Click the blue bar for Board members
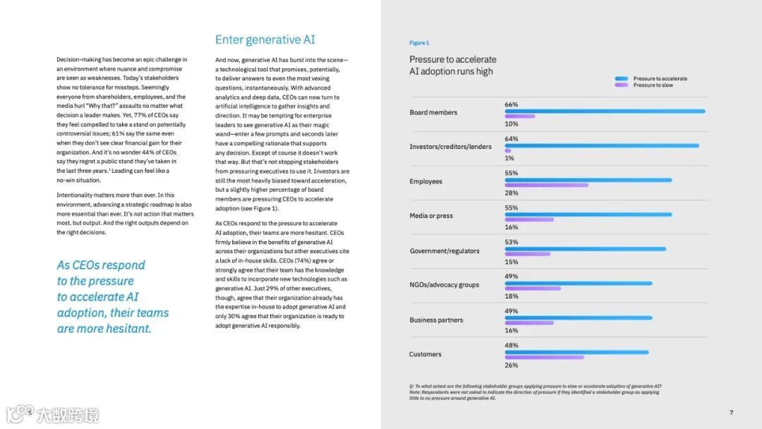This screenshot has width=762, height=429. [605, 111]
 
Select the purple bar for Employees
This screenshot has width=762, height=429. [546, 186]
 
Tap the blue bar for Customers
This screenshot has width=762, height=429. [576, 352]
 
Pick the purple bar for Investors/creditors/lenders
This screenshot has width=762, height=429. [508, 150]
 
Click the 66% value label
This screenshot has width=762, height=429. [511, 104]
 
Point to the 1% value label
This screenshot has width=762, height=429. [509, 158]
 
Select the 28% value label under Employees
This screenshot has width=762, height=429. [511, 193]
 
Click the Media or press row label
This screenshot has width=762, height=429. [431, 216]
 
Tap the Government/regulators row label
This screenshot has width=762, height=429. [444, 250]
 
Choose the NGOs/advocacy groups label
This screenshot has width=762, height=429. [444, 285]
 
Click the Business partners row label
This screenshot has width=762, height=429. [436, 320]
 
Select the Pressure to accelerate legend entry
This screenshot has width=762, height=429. [660, 78]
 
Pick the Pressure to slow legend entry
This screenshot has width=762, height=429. [653, 85]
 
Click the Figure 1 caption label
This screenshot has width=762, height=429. [419, 43]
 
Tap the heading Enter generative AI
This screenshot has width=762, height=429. [265, 40]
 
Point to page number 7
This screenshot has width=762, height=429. [731, 412]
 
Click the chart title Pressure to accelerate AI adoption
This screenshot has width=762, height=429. [453, 65]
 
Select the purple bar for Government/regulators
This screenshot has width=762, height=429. [528, 254]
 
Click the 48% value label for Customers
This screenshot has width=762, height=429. [511, 345]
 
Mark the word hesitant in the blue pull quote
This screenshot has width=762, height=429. [127, 329]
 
